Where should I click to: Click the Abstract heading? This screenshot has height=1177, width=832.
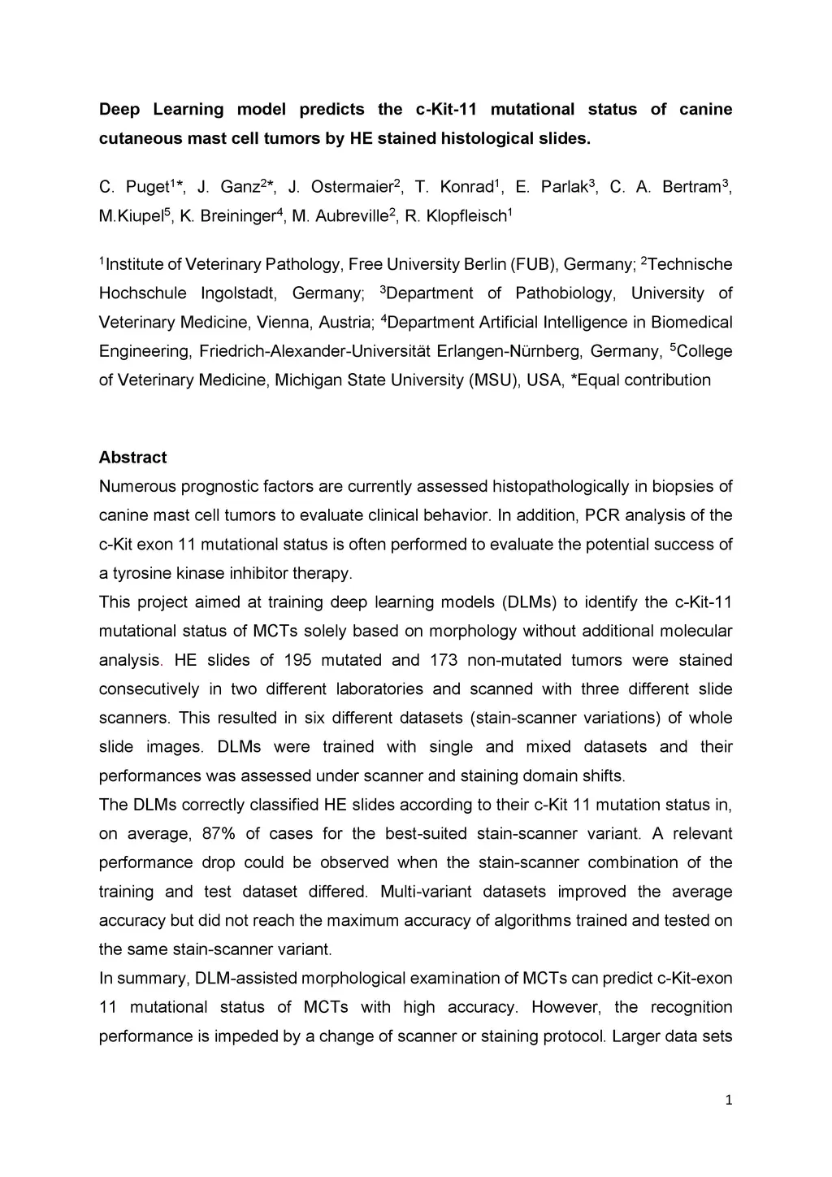[x=132, y=458]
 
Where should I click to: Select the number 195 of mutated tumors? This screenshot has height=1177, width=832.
[x=297, y=660]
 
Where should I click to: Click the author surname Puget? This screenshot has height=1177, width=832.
[x=147, y=188]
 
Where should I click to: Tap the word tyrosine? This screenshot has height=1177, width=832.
[x=140, y=574]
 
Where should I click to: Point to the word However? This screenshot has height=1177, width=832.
[x=566, y=1008]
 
